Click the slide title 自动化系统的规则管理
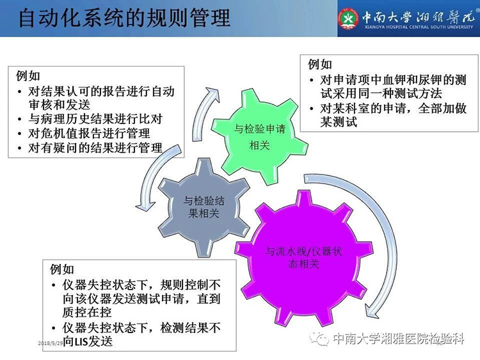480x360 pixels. click(x=125, y=18)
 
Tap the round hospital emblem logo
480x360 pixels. click(x=348, y=19)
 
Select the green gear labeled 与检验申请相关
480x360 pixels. click(x=259, y=136)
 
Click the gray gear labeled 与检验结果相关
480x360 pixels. click(x=204, y=207)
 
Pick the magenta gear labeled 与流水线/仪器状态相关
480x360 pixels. click(x=304, y=258)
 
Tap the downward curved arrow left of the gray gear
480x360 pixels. click(x=153, y=177)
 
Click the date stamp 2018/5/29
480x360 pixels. click(x=51, y=343)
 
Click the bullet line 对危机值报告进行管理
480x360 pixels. click(x=89, y=134)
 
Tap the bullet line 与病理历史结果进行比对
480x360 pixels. click(x=95, y=119)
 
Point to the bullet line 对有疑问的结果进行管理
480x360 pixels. click(x=95, y=148)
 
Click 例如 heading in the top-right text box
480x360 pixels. click(x=320, y=64)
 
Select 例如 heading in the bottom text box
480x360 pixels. click(x=62, y=269)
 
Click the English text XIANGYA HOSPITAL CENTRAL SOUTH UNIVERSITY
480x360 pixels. click(x=419, y=27)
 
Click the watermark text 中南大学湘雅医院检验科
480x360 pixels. click(x=398, y=339)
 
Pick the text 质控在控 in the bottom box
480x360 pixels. click(x=86, y=312)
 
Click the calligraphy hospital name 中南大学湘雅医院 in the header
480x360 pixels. click(x=419, y=17)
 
